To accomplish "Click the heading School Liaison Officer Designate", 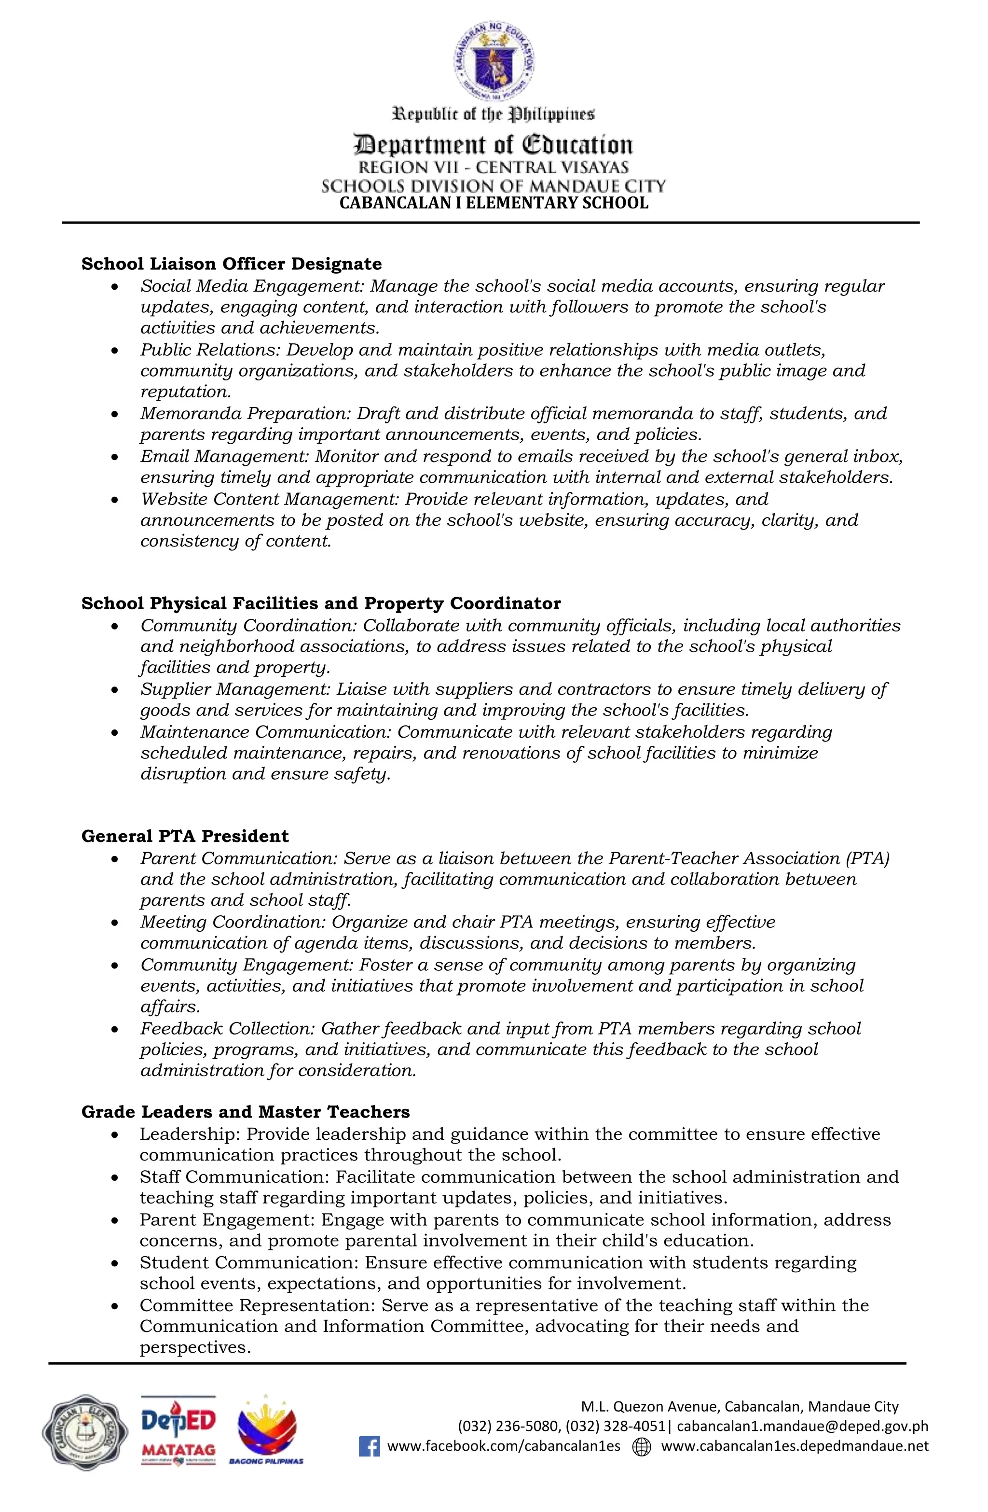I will point(231,264).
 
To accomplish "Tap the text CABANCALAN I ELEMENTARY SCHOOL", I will point(494,203).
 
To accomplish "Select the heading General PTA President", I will point(185,836).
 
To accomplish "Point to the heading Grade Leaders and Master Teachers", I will point(245,1112).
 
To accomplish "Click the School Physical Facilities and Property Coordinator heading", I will point(321,603).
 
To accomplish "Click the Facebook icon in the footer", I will point(369,1446).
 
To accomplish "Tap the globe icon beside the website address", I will point(642,1446).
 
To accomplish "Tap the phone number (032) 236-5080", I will point(508,1426).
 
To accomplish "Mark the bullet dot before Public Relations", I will point(114,350).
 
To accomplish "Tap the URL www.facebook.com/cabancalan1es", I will point(504,1446).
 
